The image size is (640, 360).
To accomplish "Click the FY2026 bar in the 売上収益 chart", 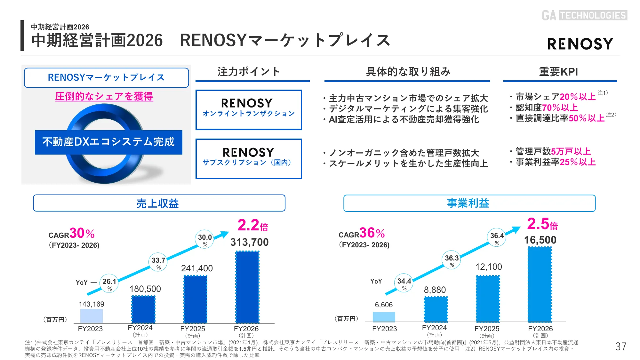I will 247,287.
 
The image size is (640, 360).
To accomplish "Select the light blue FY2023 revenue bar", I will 91,316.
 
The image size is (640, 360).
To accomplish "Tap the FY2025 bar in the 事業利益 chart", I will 488,299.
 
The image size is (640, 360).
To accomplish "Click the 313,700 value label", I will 249,242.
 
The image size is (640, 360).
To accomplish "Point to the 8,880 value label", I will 435,290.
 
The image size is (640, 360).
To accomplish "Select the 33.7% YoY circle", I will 158,262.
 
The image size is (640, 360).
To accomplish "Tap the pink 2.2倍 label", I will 252,225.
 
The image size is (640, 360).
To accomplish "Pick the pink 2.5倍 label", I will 542,224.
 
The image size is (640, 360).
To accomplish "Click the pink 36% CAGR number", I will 372,233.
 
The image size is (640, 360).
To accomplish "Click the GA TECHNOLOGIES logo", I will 584,15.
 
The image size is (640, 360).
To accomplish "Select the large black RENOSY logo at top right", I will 580,44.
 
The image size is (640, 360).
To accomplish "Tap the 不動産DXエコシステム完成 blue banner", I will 108,142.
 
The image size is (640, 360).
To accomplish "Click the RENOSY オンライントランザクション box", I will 249,110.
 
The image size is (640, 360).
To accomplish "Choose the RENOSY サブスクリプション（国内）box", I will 249,159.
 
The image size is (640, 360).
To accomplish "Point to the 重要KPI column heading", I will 558,72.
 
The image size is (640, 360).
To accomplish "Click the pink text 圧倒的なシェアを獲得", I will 104,96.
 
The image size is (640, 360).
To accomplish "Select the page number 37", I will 620,346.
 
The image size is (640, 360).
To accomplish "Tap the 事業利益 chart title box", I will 469,203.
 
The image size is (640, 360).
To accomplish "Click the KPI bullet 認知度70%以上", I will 547,108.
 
